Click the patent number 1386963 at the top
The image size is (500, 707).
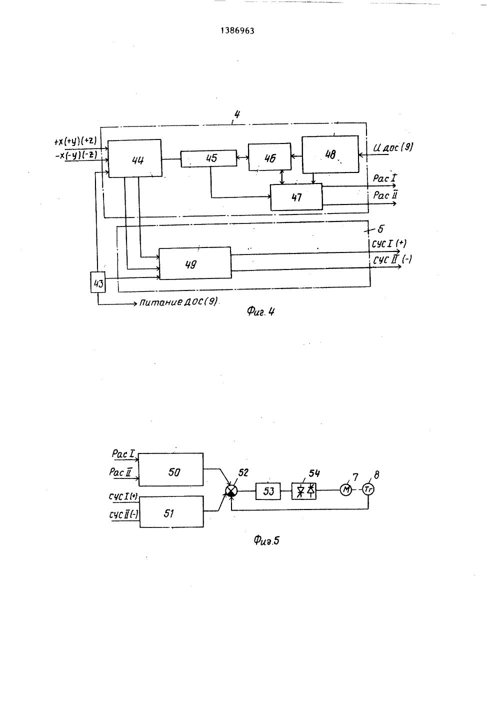[x=237, y=30]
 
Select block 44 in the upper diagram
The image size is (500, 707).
[x=135, y=158]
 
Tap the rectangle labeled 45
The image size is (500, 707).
[x=208, y=158]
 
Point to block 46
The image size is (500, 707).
[x=270, y=157]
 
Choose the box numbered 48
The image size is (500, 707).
[x=330, y=154]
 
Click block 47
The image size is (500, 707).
[x=296, y=197]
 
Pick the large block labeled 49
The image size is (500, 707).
[x=195, y=263]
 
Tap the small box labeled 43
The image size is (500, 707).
[x=98, y=282]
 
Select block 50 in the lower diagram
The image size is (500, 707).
[x=171, y=469]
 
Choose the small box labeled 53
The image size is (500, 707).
[x=268, y=491]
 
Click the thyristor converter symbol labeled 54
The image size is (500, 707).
[x=304, y=491]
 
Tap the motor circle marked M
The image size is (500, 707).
[x=345, y=489]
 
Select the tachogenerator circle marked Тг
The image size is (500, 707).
[x=368, y=489]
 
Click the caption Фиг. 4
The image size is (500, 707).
[x=260, y=312]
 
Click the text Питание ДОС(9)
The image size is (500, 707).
[x=178, y=302]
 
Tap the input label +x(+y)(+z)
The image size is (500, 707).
[x=75, y=141]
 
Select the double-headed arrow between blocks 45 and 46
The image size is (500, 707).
[x=242, y=157]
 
